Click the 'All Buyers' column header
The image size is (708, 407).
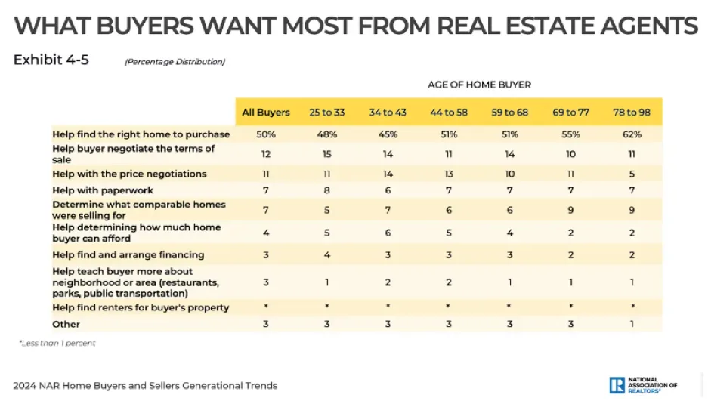pos(265,113)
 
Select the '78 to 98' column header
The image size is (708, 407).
pos(632,113)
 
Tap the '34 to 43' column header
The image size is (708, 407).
pos(388,113)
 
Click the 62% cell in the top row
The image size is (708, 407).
pos(632,134)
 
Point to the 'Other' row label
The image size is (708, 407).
pos(66,325)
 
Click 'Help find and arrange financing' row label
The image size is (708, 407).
pos(128,255)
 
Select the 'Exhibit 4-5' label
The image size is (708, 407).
pos(51,60)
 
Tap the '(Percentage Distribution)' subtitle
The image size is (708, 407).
pos(175,62)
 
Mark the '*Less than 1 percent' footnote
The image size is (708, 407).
pos(57,343)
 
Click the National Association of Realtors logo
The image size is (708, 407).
pos(643,385)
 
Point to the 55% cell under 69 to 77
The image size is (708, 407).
pos(570,134)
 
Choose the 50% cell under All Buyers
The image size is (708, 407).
pos(265,134)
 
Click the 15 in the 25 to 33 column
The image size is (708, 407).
pos(326,154)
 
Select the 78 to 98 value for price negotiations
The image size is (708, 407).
pos(632,174)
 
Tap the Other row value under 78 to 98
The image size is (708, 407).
pos(632,325)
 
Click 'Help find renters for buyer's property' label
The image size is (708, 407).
pos(141,308)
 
